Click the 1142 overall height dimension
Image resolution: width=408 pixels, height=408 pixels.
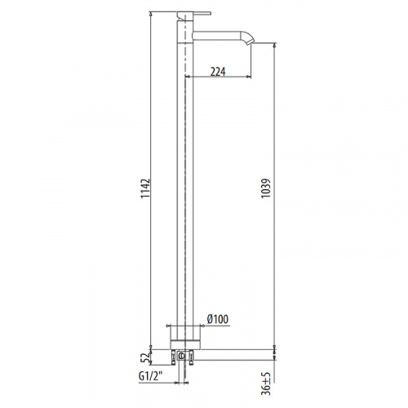click(x=145, y=188)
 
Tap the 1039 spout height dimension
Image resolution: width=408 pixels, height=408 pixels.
click(x=266, y=188)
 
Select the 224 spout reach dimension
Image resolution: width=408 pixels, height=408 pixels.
click(x=218, y=72)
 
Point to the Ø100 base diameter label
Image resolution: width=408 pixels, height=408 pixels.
click(x=218, y=319)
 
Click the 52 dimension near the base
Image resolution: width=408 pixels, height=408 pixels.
click(x=146, y=358)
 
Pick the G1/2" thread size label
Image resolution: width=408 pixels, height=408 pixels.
click(x=150, y=376)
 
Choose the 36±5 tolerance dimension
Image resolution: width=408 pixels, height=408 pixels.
click(x=267, y=384)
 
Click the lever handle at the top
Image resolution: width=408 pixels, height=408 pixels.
click(x=194, y=15)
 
